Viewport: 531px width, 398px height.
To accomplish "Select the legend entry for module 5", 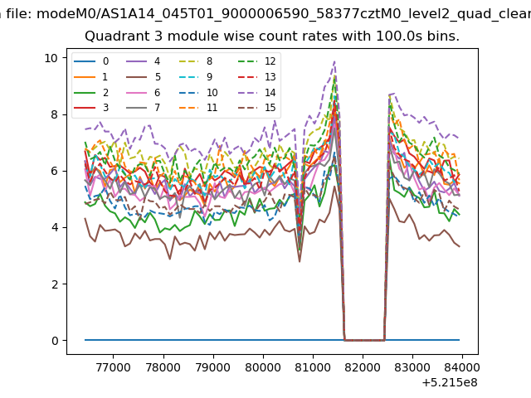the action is (x=144, y=77).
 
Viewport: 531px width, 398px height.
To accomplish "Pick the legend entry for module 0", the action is (x=91, y=61).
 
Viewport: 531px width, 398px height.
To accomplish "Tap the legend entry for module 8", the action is (x=196, y=61).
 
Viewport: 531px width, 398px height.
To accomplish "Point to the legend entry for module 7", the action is (x=144, y=108).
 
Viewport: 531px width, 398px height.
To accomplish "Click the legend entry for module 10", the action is (x=198, y=92).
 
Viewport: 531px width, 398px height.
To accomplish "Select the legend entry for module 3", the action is (x=91, y=108).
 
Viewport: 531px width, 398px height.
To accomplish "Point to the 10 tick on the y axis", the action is (x=51, y=58).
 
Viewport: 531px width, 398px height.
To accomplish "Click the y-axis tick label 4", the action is (x=55, y=227).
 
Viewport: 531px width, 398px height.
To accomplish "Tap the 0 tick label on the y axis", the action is (x=55, y=341).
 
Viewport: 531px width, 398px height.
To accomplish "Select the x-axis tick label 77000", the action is (x=113, y=367).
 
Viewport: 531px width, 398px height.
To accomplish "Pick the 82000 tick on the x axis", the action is (x=363, y=367).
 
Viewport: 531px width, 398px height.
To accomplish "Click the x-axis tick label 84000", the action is (x=462, y=367).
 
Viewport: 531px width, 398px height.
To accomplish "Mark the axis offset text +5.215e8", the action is (x=450, y=383).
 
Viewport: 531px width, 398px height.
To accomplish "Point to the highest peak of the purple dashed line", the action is (x=334, y=61).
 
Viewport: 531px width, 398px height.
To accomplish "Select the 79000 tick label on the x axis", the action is (x=213, y=367).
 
